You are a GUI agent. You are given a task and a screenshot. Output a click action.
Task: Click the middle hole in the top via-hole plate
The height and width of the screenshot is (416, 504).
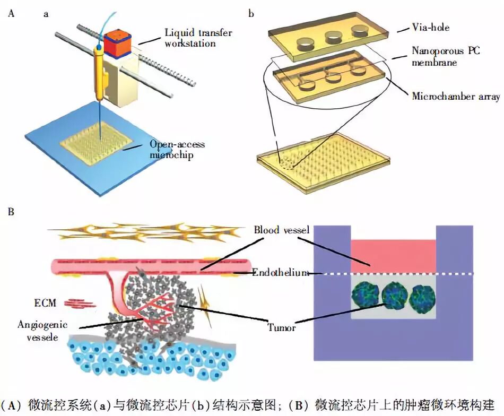click(333, 38)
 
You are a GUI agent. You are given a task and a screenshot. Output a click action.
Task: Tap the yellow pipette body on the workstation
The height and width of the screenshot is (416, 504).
click(99, 74)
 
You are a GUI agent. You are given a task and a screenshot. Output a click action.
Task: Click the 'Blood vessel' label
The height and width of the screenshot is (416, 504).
click(281, 230)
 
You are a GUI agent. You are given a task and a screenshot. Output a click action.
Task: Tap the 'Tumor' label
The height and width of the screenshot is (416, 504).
click(281, 327)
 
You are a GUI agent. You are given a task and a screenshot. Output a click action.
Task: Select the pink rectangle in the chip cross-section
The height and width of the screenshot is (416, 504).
click(393, 255)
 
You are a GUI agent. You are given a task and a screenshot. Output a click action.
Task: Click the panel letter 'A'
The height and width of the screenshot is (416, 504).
click(11, 14)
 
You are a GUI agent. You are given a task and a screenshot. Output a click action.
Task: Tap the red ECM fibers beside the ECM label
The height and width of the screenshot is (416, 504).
click(79, 304)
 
